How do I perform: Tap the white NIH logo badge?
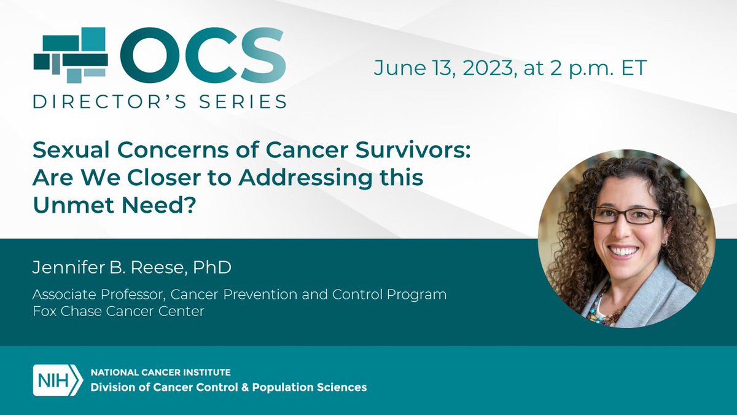[57, 379]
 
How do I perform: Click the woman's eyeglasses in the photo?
[626, 215]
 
